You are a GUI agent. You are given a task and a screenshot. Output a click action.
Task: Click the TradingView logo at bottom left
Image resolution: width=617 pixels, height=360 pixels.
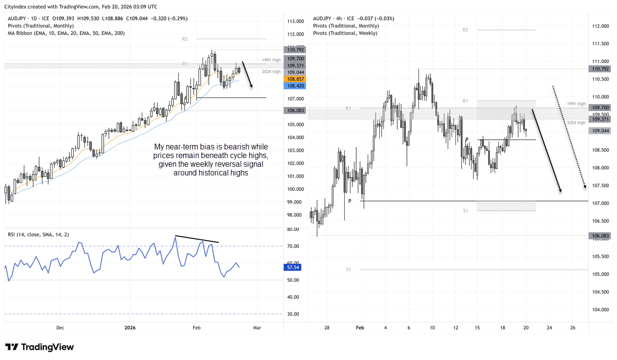tap(40, 347)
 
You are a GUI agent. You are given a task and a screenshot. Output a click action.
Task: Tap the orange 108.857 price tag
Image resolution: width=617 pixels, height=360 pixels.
tap(295, 79)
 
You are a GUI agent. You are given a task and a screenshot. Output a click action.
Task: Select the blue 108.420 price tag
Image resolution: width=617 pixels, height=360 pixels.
tap(295, 86)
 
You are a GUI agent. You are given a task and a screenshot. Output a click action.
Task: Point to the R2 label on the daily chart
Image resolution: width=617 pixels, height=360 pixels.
tap(185, 39)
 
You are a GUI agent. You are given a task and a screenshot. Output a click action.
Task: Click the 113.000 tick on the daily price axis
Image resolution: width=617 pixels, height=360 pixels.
tap(295, 21)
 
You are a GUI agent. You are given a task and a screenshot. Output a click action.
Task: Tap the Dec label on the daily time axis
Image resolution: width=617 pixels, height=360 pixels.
tap(60, 328)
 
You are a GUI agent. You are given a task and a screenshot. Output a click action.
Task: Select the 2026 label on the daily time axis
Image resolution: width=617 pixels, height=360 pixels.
tap(131, 328)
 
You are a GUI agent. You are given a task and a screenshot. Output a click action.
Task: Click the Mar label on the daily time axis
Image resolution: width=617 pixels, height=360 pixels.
tap(257, 328)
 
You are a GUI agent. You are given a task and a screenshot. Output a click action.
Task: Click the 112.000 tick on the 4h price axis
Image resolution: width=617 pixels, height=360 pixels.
tap(600, 26)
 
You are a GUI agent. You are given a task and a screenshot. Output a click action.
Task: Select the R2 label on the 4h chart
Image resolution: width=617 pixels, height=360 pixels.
tap(465, 30)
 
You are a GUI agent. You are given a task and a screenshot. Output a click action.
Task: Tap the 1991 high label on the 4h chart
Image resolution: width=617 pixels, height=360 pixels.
tap(577, 104)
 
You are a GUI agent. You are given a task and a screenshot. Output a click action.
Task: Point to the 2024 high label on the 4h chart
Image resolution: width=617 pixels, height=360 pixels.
tap(577, 122)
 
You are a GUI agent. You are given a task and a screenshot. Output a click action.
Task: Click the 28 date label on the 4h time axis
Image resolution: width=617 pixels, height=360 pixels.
tap(327, 328)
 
